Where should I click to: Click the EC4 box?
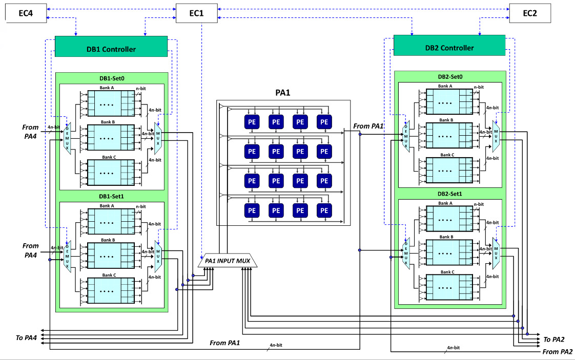[x=25, y=13]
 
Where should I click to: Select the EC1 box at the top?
[x=197, y=13]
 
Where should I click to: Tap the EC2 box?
[x=529, y=13]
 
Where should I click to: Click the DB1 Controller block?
[x=111, y=49]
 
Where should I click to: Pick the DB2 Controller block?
[x=449, y=48]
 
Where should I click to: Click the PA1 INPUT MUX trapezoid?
[x=228, y=261]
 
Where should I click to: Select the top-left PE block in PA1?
[x=252, y=122]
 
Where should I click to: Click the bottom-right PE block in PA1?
[x=323, y=210]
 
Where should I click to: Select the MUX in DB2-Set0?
[x=496, y=136]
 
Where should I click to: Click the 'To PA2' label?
[x=554, y=339]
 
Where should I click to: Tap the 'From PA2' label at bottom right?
[x=557, y=352]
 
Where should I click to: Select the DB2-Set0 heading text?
[x=450, y=76]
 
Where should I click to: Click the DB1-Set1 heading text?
[x=111, y=196]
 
